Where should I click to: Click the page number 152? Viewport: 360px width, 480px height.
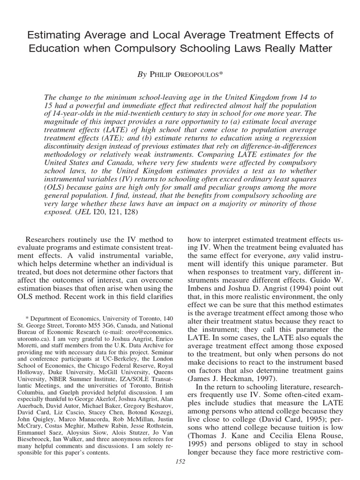pyautogui.click(x=180, y=462)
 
